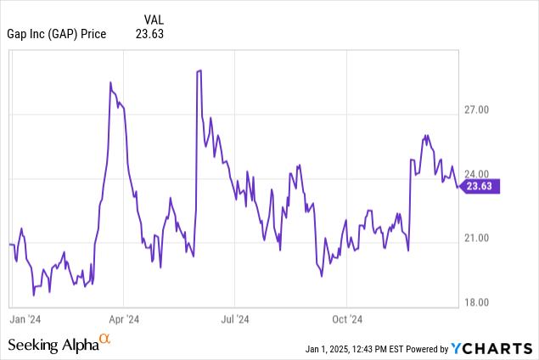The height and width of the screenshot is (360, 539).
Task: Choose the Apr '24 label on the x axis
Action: click(124, 319)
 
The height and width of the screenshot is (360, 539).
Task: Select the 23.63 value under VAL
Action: click(150, 34)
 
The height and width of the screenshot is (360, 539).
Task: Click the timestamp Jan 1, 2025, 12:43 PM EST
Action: click(351, 349)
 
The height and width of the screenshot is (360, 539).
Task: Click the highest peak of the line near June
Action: click(198, 70)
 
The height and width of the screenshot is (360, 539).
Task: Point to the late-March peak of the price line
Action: click(111, 82)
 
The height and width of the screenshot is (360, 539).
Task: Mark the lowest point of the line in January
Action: click(33, 295)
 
